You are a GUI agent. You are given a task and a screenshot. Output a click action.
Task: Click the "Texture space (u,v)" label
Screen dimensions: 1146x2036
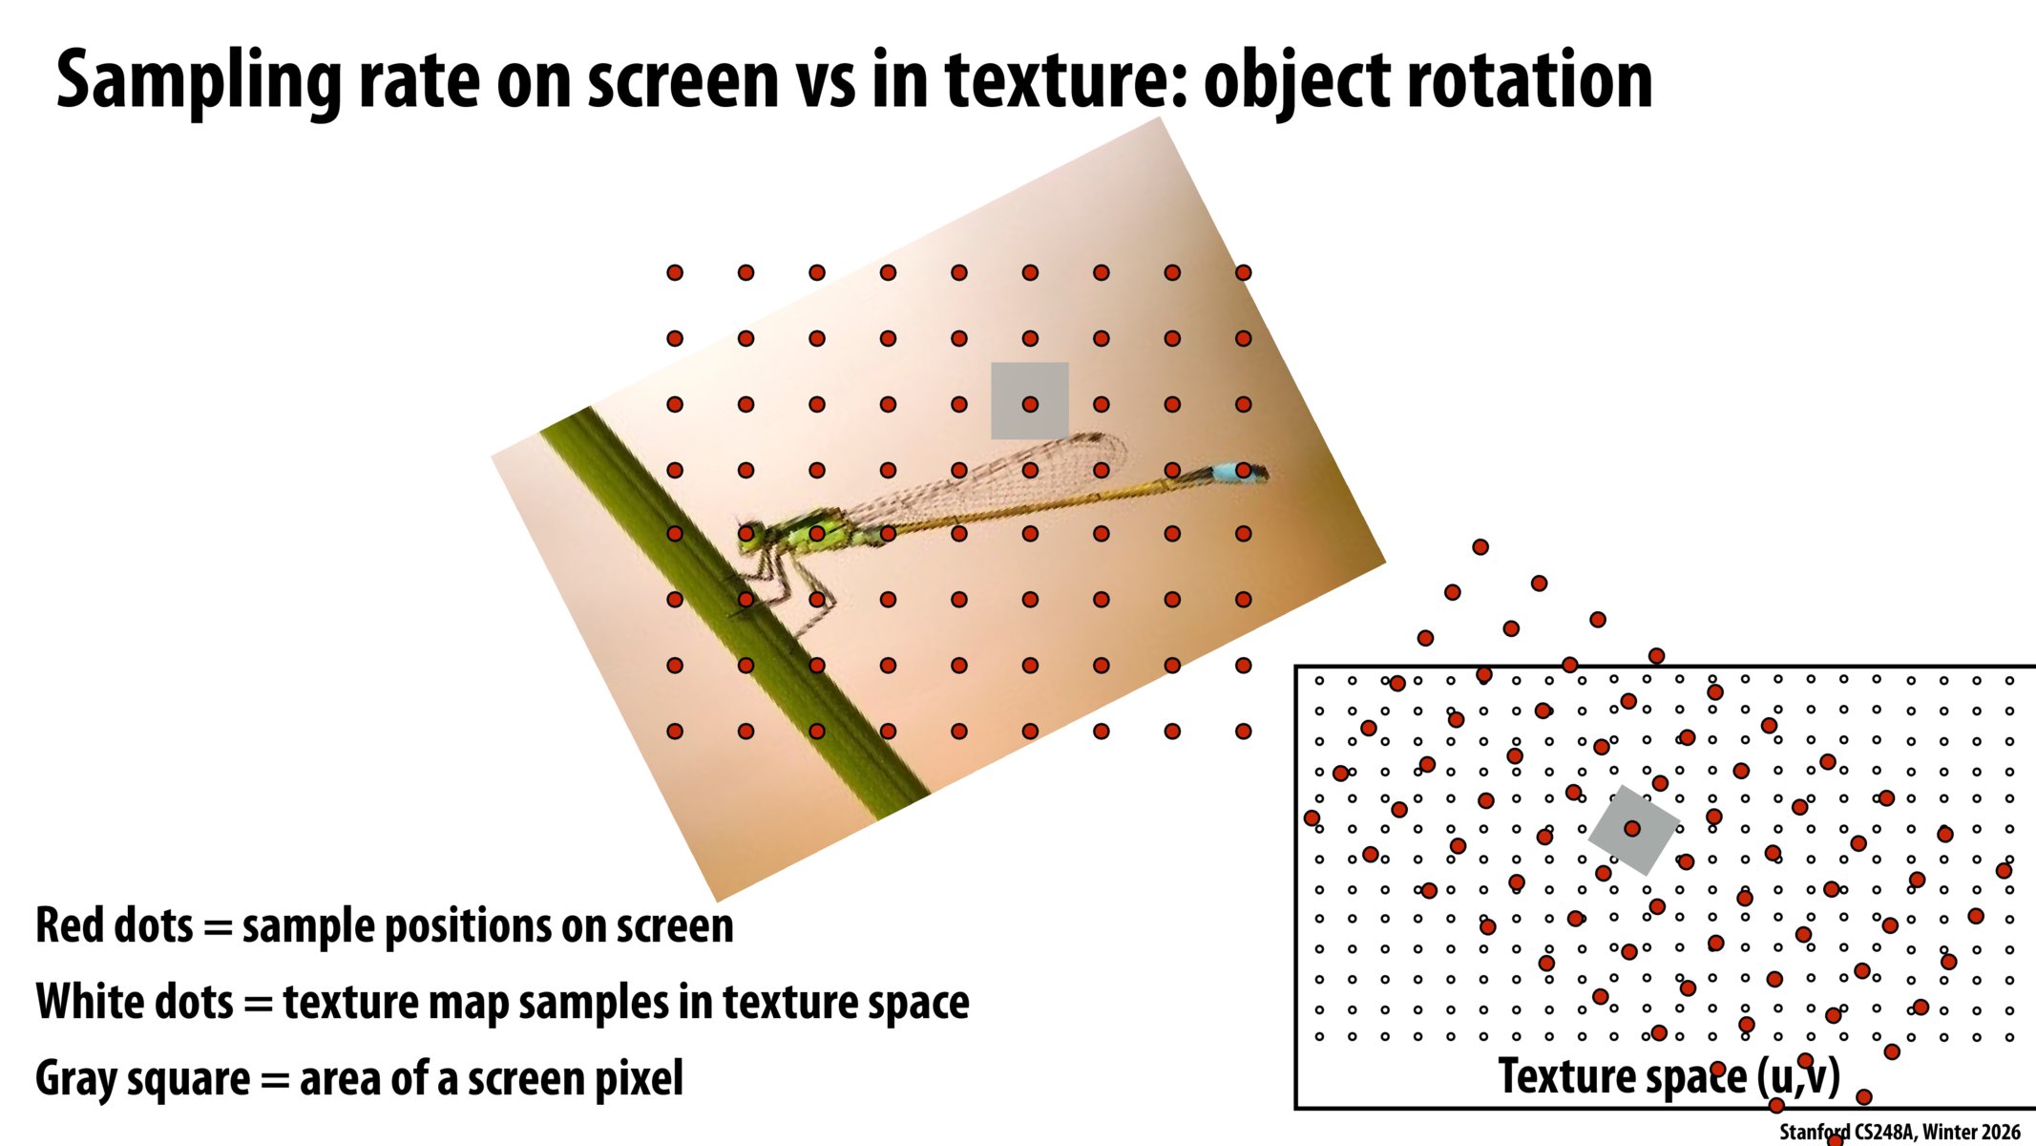click(1668, 1076)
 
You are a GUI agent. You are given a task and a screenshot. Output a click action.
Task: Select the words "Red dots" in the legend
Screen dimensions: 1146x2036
click(114, 925)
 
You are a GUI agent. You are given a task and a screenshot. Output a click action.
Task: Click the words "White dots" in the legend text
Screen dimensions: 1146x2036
click(134, 1002)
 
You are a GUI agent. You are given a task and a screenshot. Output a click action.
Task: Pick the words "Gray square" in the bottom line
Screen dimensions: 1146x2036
click(141, 1078)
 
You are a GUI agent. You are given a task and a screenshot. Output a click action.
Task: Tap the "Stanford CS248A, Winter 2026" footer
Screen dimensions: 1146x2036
click(1899, 1132)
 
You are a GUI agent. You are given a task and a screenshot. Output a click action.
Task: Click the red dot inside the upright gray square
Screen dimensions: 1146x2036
click(1030, 404)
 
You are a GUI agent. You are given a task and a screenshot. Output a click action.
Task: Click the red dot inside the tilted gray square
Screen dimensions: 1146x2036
click(1632, 828)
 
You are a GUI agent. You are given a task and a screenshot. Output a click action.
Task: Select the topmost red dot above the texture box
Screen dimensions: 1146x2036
click(1480, 547)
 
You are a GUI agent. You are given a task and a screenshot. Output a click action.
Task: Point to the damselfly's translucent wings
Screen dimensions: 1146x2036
click(1002, 477)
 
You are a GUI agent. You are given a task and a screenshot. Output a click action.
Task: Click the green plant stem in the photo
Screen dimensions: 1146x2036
click(725, 611)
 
